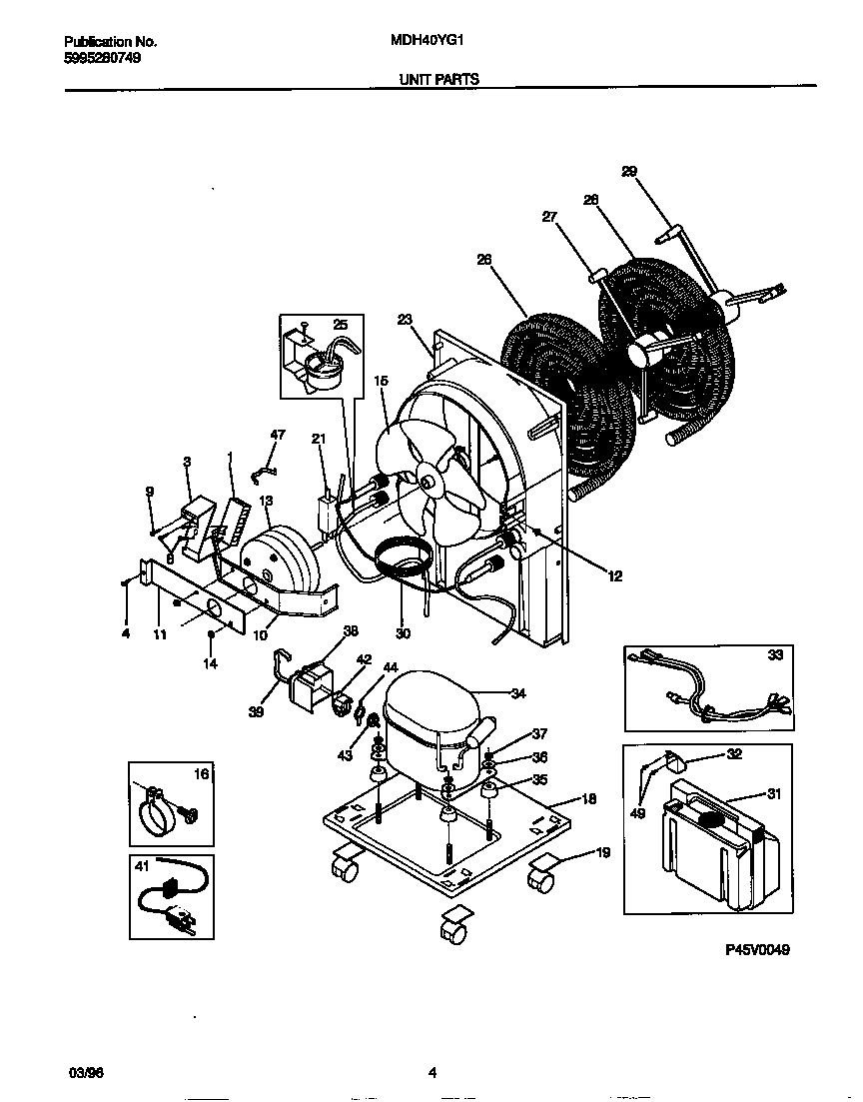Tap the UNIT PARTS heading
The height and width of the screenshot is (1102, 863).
pos(438,78)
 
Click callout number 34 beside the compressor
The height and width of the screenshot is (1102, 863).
pos(517,693)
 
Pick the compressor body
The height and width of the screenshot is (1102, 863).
pos(430,719)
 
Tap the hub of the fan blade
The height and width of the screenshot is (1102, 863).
pos(429,482)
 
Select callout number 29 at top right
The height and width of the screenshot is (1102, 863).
pos(628,171)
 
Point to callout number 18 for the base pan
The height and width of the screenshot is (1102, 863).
pos(588,800)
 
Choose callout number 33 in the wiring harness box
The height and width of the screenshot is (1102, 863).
pos(775,656)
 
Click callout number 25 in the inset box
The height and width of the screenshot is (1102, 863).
pos(341,325)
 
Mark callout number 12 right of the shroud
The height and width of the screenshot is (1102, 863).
pos(613,575)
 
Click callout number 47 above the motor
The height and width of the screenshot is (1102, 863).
pos(278,435)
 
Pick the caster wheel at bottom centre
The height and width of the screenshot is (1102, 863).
pos(453,932)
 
